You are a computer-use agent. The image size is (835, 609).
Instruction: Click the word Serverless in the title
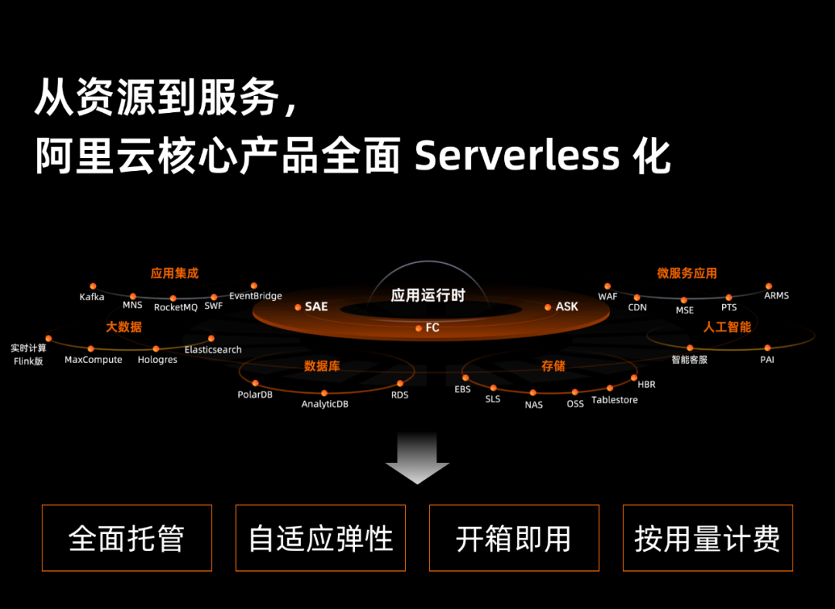[x=517, y=156]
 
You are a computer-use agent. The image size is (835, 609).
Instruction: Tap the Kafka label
[x=91, y=297]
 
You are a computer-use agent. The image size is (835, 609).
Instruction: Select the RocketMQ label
[x=176, y=307]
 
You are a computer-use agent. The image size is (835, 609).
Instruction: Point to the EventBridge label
[x=256, y=296]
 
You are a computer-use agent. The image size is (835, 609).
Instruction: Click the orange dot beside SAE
[x=298, y=307]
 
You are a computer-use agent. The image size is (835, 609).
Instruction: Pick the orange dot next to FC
[x=418, y=328]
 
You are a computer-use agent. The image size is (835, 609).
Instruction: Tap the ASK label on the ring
[x=567, y=306]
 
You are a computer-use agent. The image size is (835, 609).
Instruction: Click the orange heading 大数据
[x=124, y=327]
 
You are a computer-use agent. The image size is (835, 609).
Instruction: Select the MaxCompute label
[x=94, y=360]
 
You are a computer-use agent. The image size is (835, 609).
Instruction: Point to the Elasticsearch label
[x=213, y=350]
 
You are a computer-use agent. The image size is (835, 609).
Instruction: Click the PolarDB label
[x=255, y=395]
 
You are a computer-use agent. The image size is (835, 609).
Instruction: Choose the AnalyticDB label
[x=325, y=404]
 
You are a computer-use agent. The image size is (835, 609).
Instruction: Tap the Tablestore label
[x=615, y=399]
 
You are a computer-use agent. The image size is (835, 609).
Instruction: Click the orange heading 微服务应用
[x=687, y=273]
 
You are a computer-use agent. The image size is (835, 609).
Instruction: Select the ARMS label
[x=776, y=295]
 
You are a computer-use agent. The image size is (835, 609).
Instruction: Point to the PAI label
[x=768, y=360]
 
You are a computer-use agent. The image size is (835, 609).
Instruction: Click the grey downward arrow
[x=417, y=457]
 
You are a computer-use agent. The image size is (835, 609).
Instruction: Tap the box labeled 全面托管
[x=127, y=538]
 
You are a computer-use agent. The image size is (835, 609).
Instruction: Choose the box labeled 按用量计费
[x=707, y=538]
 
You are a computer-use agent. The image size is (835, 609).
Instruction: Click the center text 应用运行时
[x=428, y=295]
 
